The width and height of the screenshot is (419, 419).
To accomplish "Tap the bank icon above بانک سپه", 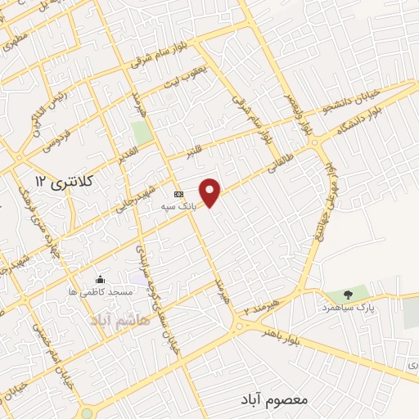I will (178, 194).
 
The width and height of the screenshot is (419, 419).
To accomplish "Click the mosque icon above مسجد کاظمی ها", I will (101, 279).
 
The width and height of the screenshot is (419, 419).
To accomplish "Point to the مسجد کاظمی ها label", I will (96, 291).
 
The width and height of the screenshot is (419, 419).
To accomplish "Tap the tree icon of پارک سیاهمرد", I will (349, 295).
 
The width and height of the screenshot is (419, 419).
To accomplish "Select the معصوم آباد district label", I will (274, 399).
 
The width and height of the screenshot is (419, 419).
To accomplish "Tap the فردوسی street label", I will (43, 138).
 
